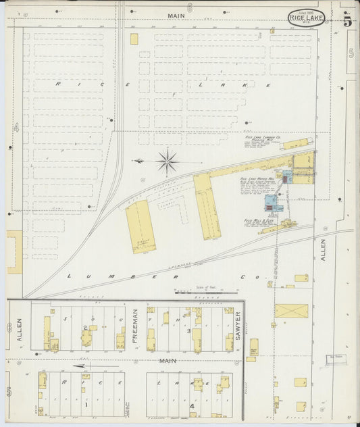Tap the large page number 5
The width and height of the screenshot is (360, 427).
pyautogui.click(x=346, y=20)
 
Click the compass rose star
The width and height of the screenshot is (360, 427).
pyautogui.click(x=166, y=162)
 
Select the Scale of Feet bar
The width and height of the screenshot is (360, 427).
pyautogui.click(x=206, y=293)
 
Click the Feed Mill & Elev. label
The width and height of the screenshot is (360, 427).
pyautogui.click(x=258, y=221)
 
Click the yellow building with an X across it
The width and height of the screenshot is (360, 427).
pyautogui.click(x=290, y=311)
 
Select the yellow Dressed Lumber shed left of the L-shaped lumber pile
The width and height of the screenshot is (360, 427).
pyautogui.click(x=140, y=227)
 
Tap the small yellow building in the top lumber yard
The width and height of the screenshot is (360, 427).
pyautogui.click(x=134, y=39)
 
